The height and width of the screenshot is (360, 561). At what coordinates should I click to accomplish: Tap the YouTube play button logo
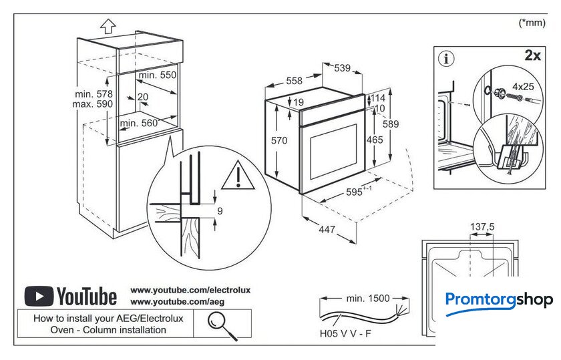[x=39, y=296]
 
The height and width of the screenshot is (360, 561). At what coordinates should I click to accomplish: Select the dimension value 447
[x=326, y=230]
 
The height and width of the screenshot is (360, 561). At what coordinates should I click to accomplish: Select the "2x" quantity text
[x=532, y=55]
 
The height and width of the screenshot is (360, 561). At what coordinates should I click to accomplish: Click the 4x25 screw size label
[x=523, y=86]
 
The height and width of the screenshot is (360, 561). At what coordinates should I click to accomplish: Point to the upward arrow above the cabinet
[x=108, y=26]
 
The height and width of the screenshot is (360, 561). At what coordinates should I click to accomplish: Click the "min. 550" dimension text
[x=158, y=75]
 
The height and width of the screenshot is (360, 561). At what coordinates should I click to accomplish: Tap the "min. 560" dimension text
[x=139, y=123]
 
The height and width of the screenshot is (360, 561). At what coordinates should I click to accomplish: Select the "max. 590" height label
[x=94, y=104]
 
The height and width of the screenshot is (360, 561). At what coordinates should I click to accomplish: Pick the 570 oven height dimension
[x=278, y=140]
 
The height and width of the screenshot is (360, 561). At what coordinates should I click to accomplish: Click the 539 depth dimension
[x=342, y=67]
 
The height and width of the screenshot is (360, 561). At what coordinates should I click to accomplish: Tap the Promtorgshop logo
[x=499, y=299]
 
